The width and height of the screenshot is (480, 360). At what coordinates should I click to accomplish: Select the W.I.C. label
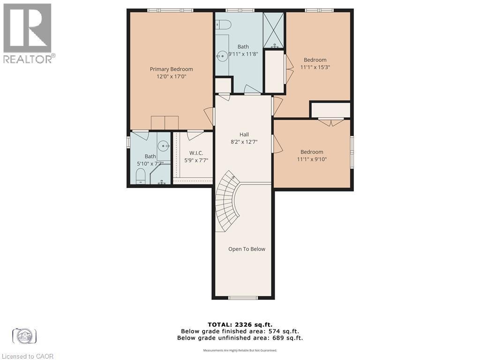tap(196, 153)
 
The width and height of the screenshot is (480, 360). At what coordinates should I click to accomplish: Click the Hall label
tap(243, 134)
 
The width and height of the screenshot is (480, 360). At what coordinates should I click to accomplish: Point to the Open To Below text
tap(247, 249)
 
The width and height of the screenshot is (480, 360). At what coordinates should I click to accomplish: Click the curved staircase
tap(227, 202)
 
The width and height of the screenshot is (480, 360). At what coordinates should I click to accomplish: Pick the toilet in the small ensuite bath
tap(140, 177)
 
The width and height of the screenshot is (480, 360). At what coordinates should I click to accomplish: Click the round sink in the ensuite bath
tap(164, 146)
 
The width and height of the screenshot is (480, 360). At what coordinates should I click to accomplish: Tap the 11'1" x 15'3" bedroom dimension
tap(315, 67)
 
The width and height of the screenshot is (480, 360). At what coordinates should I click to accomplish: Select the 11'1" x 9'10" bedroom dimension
tap(312, 159)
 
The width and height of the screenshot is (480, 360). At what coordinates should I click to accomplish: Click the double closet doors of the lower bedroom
tap(331, 122)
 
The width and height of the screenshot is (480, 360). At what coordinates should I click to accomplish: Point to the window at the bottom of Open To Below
tap(243, 297)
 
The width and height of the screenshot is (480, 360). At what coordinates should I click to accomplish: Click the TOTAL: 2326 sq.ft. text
tap(240, 324)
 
